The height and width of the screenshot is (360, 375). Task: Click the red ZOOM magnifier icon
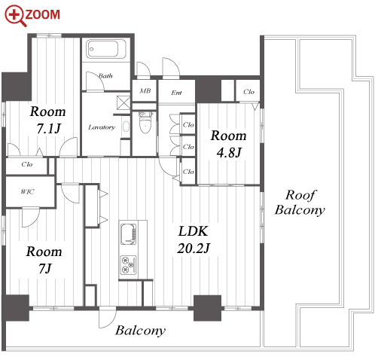pyautogui.click(x=15, y=16)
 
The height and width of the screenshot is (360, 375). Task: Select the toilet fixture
pyautogui.click(x=145, y=124)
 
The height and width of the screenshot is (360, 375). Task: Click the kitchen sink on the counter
pyautogui.click(x=129, y=233)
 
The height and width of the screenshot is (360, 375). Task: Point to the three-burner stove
pyautogui.click(x=129, y=265)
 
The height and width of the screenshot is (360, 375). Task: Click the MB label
pyautogui.click(x=145, y=90)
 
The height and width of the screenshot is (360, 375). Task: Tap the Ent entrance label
pyautogui.click(x=176, y=93)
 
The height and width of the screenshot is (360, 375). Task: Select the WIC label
pyautogui.click(x=27, y=192)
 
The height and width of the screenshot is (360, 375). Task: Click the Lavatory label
pyautogui.click(x=102, y=127)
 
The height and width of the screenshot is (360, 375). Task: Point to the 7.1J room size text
pyautogui.click(x=49, y=129)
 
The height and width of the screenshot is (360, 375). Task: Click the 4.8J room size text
pyautogui.click(x=229, y=152)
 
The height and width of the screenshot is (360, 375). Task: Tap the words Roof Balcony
pyautogui.click(x=300, y=203)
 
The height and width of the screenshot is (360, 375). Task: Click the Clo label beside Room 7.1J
pyautogui.click(x=27, y=164)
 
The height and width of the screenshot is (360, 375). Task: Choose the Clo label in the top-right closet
pyautogui.click(x=248, y=92)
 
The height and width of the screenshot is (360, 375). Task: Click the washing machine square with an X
pyautogui.click(x=123, y=102)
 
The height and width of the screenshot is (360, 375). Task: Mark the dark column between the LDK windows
pyautogui.click(x=207, y=308)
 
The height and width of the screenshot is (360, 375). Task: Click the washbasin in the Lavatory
pyautogui.click(x=126, y=127)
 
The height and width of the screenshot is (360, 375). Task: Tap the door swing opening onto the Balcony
pyautogui.click(x=108, y=317)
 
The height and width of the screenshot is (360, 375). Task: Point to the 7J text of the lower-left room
pyautogui.click(x=45, y=269)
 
